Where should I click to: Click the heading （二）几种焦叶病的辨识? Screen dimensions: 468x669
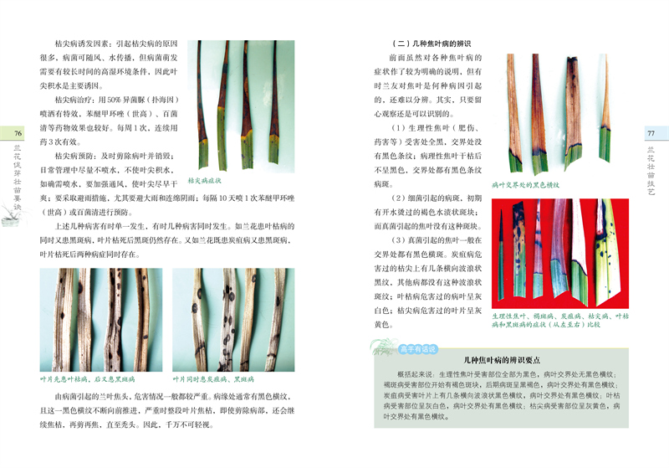[x=432, y=42]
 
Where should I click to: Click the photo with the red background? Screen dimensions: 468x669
[x=560, y=248]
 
